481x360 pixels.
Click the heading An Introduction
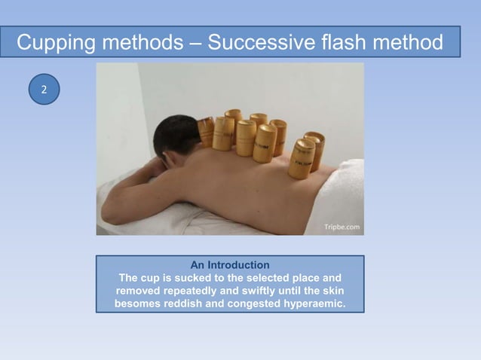[x=230, y=265]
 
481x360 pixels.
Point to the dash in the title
[x=196, y=43]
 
